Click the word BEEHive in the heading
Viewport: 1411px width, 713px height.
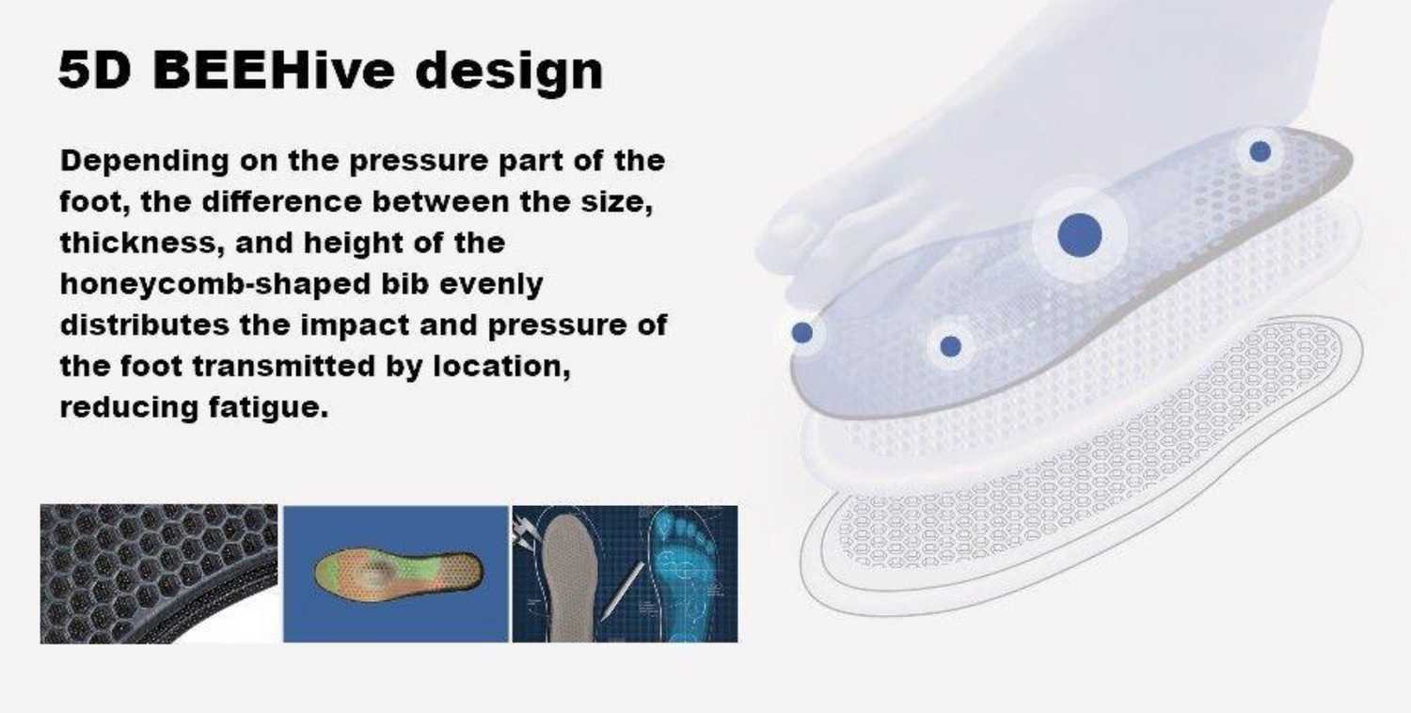click(274, 70)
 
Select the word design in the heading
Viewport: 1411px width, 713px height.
click(509, 72)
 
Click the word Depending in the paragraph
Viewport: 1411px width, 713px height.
click(144, 162)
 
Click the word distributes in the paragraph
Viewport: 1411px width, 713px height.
click(145, 325)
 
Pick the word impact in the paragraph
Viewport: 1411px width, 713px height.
click(355, 325)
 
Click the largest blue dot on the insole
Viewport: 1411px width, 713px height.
click(1080, 235)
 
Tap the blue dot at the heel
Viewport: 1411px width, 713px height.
click(1260, 151)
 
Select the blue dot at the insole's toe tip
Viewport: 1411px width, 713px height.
click(801, 333)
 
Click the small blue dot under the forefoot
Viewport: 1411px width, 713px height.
click(950, 346)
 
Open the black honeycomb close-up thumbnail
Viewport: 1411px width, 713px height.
click(159, 574)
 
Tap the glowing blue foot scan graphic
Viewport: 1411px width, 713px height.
click(684, 573)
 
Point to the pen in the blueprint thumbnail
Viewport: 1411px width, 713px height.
click(623, 590)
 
